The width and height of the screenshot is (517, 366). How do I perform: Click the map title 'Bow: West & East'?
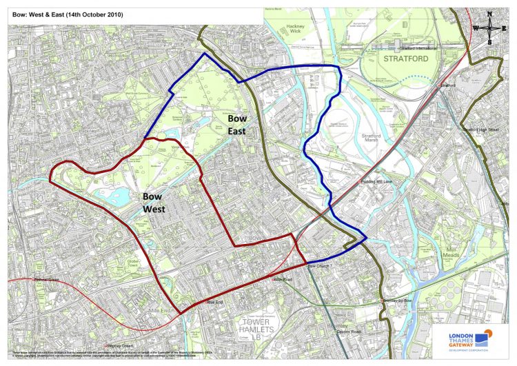click(68, 14)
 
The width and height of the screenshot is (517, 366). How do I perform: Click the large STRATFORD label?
click(405, 59)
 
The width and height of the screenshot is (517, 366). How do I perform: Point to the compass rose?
click(489, 27)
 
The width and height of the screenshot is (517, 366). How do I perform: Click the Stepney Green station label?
click(119, 345)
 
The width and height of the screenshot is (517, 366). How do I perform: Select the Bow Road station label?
click(283, 280)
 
